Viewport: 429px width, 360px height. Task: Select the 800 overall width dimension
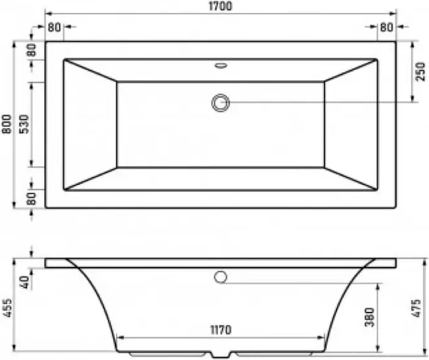click(x=7, y=124)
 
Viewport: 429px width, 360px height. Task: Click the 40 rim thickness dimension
click(x=25, y=281)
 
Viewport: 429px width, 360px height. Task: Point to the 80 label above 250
click(x=387, y=27)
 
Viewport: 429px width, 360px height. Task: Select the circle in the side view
click(x=221, y=276)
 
